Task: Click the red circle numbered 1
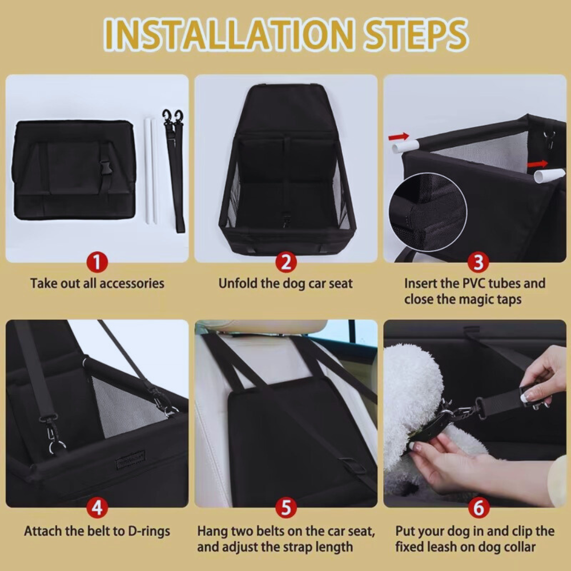click(x=97, y=263)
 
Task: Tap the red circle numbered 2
click(x=286, y=263)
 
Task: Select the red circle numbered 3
click(x=478, y=263)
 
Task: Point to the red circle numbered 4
click(x=97, y=508)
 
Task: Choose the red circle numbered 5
click(x=286, y=508)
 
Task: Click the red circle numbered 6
click(x=478, y=508)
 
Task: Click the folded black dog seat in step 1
click(x=74, y=170)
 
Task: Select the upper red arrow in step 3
click(x=399, y=136)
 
